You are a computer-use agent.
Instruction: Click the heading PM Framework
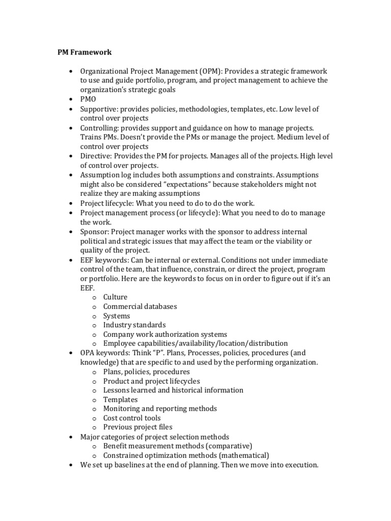83,52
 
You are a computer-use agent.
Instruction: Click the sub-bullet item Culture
115,297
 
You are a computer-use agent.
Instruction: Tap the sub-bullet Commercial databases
140,306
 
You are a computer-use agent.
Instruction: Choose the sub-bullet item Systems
116,315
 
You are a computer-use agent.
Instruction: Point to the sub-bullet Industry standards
134,325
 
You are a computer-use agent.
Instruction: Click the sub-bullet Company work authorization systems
165,334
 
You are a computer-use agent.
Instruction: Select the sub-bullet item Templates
120,399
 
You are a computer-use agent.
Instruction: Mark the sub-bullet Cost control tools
131,418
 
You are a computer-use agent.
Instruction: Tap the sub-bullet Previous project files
137,427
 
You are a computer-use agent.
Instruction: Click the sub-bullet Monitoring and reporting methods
160,409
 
